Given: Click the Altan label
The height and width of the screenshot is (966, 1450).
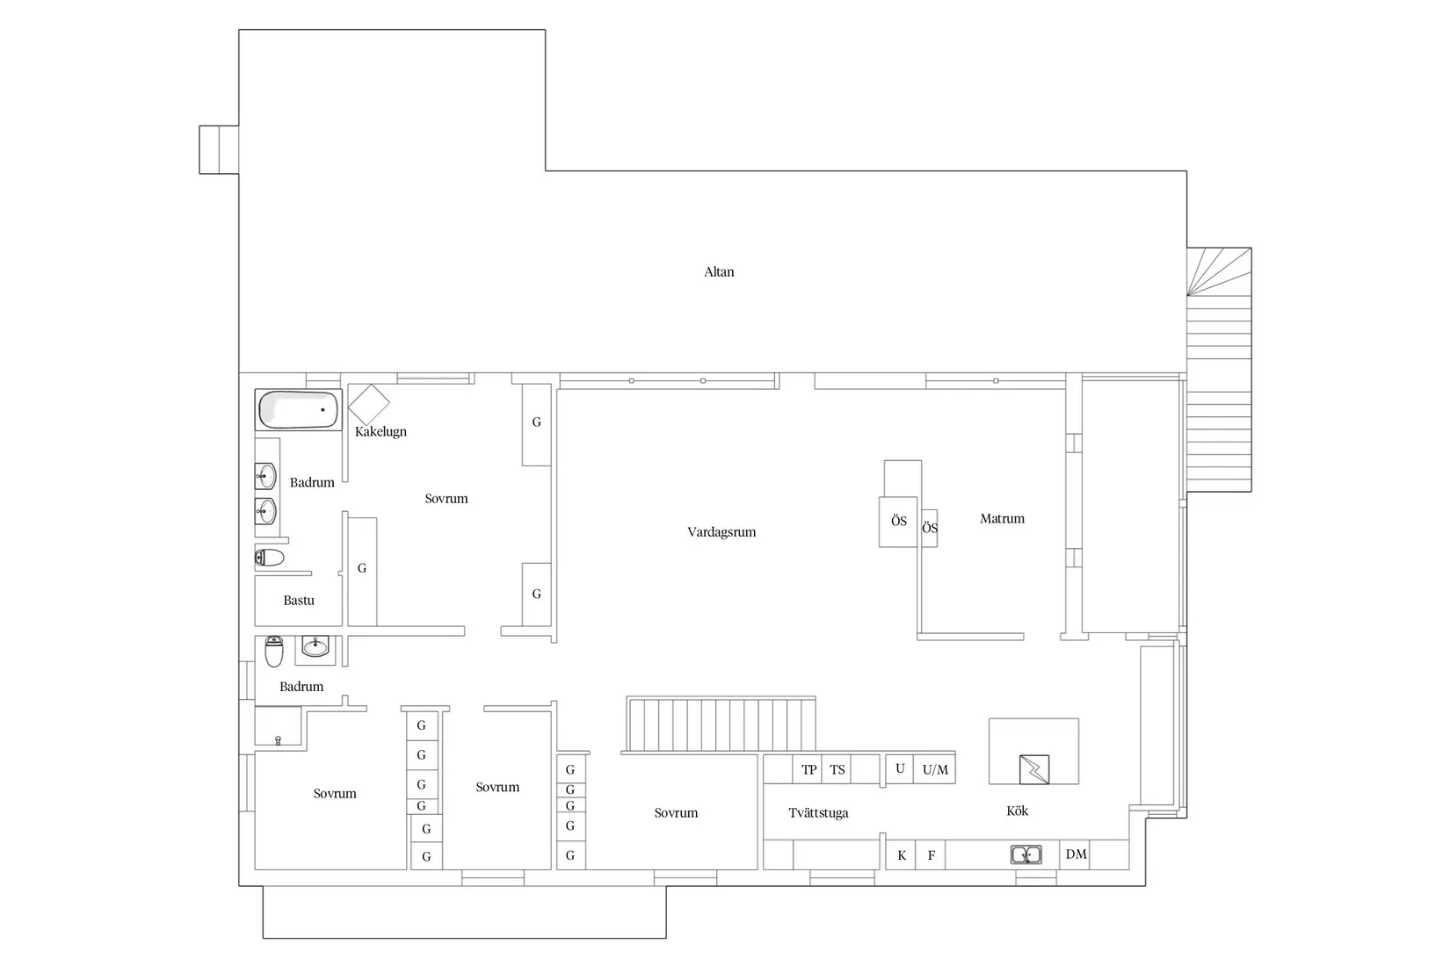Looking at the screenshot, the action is click(x=719, y=271).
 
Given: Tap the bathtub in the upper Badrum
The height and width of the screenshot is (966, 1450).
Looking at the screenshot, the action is click(x=298, y=409).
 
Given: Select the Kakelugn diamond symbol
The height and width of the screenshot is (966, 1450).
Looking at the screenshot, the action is click(x=369, y=404).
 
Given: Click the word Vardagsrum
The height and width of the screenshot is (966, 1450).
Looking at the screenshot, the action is click(x=721, y=532).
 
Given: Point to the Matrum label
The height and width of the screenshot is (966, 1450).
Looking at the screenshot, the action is click(x=1002, y=518).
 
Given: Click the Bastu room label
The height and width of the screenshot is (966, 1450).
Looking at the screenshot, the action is click(x=299, y=601).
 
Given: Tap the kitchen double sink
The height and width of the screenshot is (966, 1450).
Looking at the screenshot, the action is click(x=1026, y=854).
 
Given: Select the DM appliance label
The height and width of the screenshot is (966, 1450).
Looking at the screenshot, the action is click(x=1076, y=854).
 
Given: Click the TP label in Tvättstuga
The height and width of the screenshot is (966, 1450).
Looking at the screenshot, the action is click(x=809, y=769).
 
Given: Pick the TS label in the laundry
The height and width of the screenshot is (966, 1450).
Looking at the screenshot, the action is click(x=837, y=769).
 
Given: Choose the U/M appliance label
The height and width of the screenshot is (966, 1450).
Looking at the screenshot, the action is click(x=935, y=769).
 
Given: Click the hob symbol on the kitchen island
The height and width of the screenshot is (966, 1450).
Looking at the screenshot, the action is click(x=1034, y=769).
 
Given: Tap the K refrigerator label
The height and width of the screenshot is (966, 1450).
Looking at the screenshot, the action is click(x=902, y=855).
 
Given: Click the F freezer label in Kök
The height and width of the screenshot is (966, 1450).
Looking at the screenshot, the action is click(x=932, y=855).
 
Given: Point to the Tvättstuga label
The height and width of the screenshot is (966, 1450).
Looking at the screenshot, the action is click(x=818, y=812).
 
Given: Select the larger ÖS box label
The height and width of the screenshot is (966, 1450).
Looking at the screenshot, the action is click(x=898, y=521).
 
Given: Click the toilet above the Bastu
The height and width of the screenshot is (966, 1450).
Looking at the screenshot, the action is click(x=269, y=557).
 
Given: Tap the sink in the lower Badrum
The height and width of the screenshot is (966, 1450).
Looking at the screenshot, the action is click(x=315, y=645).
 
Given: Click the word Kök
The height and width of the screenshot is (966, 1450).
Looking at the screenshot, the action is click(x=1017, y=811).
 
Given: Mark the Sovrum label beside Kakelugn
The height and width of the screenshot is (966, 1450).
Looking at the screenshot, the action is click(x=446, y=498).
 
